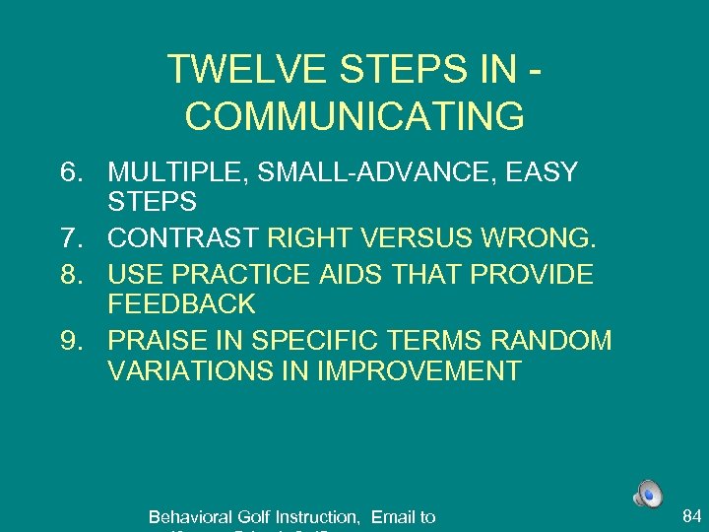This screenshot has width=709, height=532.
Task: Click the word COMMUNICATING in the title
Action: point(354,116)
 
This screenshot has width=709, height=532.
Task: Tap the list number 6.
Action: point(70,172)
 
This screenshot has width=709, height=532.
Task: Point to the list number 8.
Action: point(70,273)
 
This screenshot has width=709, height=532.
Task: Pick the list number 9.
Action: point(70,340)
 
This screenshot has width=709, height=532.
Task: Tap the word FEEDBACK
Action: point(181,304)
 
